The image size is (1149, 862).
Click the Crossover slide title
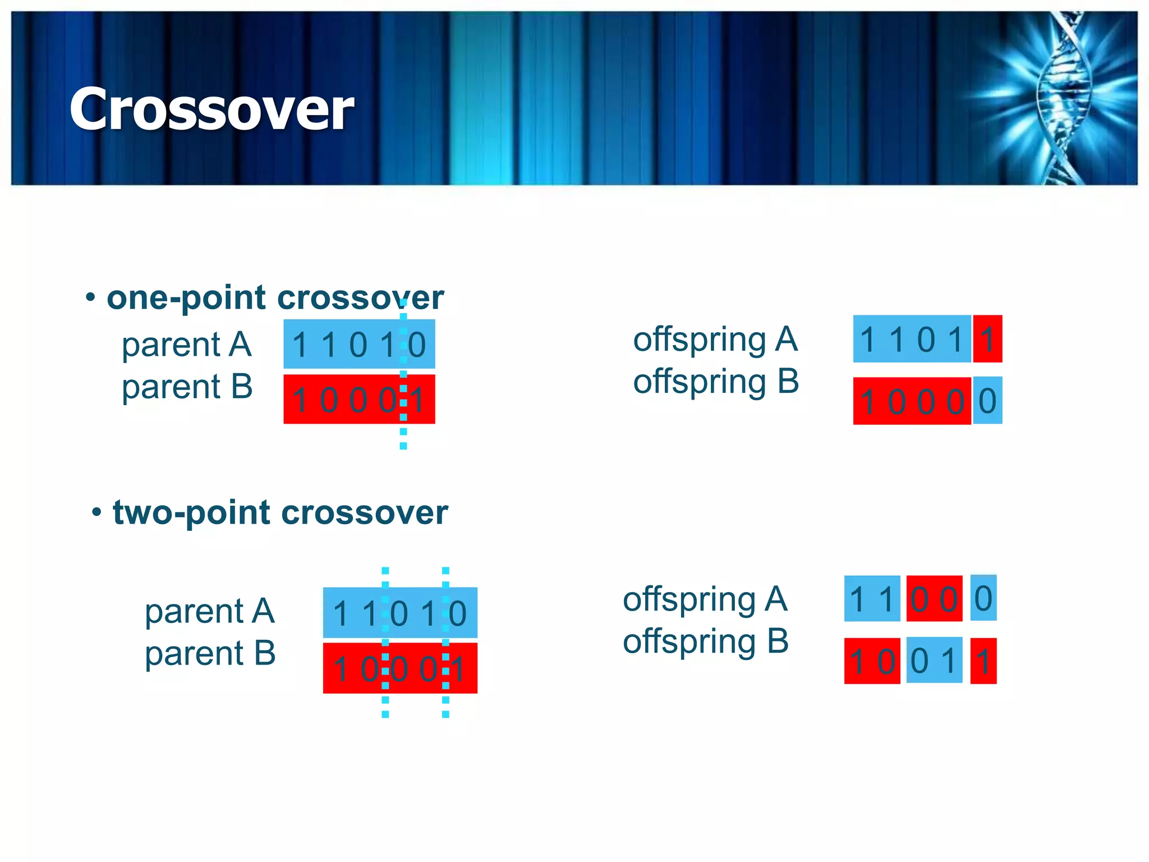[212, 109]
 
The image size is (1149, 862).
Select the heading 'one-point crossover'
[275, 297]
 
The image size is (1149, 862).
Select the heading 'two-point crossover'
[280, 512]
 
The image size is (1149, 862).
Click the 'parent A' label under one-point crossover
[186, 344]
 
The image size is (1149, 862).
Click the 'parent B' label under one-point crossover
[187, 387]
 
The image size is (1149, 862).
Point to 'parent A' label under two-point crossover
[210, 611]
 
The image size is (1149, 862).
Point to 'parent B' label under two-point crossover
[210, 653]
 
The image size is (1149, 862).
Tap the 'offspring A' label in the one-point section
[715, 339]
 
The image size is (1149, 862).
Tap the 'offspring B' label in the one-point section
[716, 382]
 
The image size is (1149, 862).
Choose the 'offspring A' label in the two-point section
[705, 599]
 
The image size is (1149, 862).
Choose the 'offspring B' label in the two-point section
[706, 641]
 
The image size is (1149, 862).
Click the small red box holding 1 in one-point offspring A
[987, 339]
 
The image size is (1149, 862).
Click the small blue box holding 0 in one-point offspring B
[987, 401]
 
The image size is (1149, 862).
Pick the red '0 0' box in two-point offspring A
[934, 599]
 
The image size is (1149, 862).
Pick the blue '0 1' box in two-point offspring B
[934, 661]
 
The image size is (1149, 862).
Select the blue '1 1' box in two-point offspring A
[872, 599]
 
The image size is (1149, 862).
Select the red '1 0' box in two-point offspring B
[872, 661]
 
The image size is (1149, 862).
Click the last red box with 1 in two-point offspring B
[983, 661]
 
